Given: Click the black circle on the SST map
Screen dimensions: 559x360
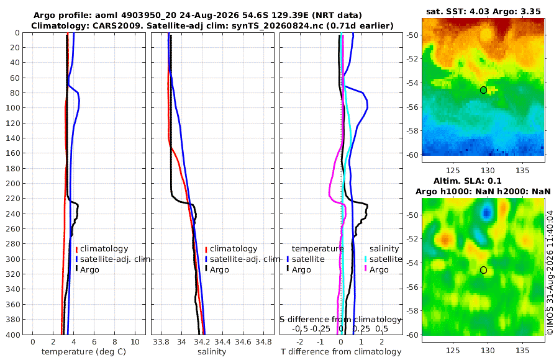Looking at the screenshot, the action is pyautogui.click(x=483, y=90).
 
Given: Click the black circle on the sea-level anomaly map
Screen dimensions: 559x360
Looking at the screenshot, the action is pyautogui.click(x=483, y=270).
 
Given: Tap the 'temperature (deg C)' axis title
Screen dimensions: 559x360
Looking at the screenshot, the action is pyautogui.click(x=84, y=352).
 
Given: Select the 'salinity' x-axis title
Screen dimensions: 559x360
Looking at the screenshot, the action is pyautogui.click(x=212, y=352).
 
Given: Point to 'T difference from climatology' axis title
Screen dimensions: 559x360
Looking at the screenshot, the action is pyautogui.click(x=341, y=352).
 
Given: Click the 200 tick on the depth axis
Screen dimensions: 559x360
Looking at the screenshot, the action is pyautogui.click(x=13, y=183).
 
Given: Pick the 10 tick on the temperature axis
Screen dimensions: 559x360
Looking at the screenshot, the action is pyautogui.click(x=135, y=342).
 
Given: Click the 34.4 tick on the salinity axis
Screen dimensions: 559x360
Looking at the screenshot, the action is pyautogui.click(x=222, y=342).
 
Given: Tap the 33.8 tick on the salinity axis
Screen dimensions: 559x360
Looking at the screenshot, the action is pyautogui.click(x=161, y=342).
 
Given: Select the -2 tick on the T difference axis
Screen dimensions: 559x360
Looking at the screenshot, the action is pyautogui.click(x=300, y=342).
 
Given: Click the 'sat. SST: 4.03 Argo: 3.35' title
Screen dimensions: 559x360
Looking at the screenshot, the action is pyautogui.click(x=483, y=11).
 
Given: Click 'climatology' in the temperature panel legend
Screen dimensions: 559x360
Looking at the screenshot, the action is pyautogui.click(x=104, y=249).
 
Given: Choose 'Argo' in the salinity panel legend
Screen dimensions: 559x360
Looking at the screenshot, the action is pyautogui.click(x=219, y=270).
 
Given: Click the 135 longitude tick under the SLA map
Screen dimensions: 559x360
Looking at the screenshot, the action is pyautogui.click(x=522, y=350).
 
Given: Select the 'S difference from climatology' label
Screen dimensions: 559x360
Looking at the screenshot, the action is pyautogui.click(x=340, y=320).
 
